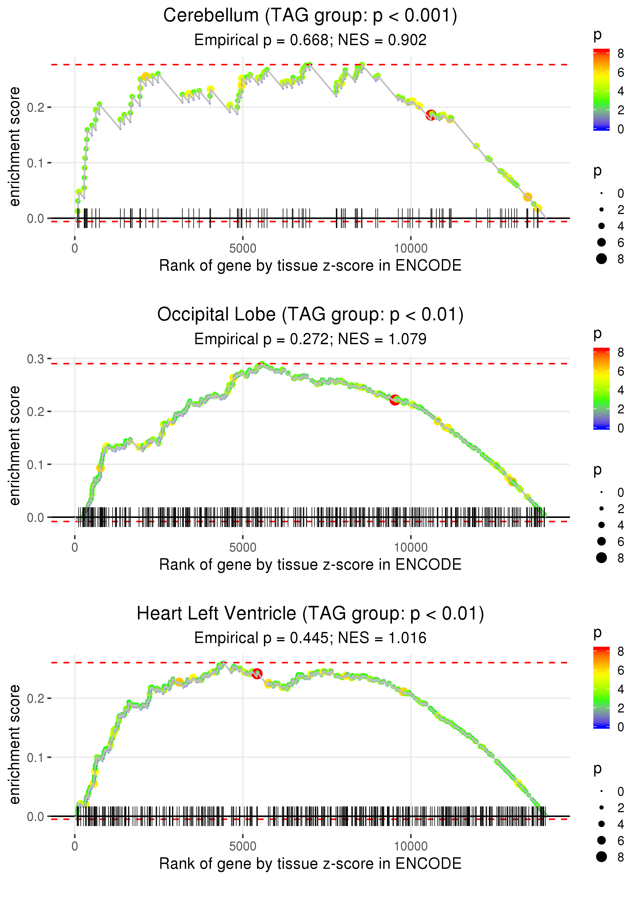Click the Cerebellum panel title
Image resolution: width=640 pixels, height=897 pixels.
310,16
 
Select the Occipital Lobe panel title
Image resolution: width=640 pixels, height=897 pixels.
310,314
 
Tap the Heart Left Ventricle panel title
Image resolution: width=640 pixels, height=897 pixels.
310,613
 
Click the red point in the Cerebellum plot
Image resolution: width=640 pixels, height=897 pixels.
431,115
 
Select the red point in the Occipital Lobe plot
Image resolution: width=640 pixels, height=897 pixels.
395,400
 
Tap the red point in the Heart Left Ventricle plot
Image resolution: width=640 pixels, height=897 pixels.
257,674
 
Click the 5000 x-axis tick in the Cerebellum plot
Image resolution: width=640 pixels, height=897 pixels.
243,249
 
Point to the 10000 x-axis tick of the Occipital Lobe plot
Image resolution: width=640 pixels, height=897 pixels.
411,547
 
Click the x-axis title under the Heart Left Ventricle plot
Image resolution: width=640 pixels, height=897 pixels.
310,864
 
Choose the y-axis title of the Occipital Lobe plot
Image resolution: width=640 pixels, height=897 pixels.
15,445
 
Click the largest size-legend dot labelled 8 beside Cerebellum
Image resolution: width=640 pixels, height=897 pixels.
601,259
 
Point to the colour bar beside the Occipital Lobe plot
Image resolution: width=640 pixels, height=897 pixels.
601,389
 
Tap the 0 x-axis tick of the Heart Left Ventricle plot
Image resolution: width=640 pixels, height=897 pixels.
75,847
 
